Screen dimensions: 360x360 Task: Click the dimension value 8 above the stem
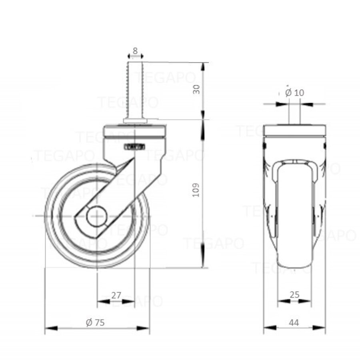point(135,51)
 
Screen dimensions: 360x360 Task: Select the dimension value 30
point(196,90)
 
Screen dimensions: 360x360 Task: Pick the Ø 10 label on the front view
point(295,92)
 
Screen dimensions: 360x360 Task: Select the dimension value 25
point(294,295)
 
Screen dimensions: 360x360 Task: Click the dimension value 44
point(294,322)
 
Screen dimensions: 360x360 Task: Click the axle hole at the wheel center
point(97,216)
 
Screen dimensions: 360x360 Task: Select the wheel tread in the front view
point(294,224)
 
